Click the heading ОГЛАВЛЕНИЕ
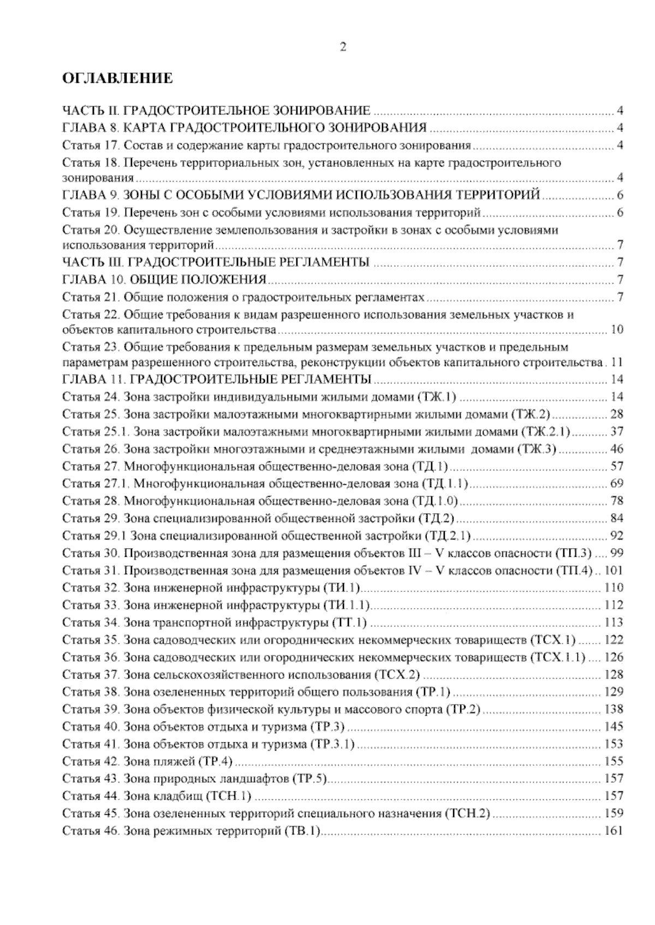pos(118,79)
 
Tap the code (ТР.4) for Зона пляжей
pos(216,761)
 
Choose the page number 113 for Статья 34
pos(614,622)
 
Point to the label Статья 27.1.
pos(96,483)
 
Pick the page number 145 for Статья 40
pos(614,726)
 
